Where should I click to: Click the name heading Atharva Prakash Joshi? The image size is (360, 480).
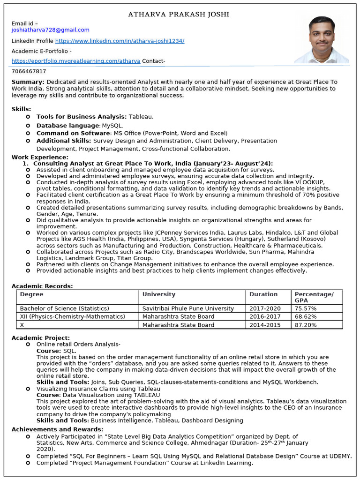(x=179, y=15)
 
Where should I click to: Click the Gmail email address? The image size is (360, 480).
(x=50, y=30)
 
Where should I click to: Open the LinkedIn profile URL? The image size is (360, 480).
(x=120, y=41)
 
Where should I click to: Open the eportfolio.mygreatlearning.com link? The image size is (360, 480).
(x=75, y=61)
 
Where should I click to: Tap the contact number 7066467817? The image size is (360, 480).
(x=29, y=71)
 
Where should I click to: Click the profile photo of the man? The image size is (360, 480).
(x=322, y=40)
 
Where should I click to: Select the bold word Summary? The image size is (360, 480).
(x=28, y=82)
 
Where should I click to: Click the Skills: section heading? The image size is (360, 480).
(x=22, y=109)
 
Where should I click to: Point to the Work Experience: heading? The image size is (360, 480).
(x=40, y=157)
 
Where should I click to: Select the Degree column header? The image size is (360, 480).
(x=31, y=294)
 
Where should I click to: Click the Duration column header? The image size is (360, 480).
(x=263, y=294)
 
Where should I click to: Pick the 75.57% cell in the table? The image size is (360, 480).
(x=305, y=308)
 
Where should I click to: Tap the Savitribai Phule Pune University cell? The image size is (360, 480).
(x=188, y=308)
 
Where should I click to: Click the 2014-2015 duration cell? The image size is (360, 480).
(x=265, y=325)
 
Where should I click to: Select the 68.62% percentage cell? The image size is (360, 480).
(x=305, y=316)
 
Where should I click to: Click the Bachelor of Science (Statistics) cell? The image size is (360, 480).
(x=64, y=308)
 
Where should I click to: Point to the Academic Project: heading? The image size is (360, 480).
(x=40, y=337)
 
